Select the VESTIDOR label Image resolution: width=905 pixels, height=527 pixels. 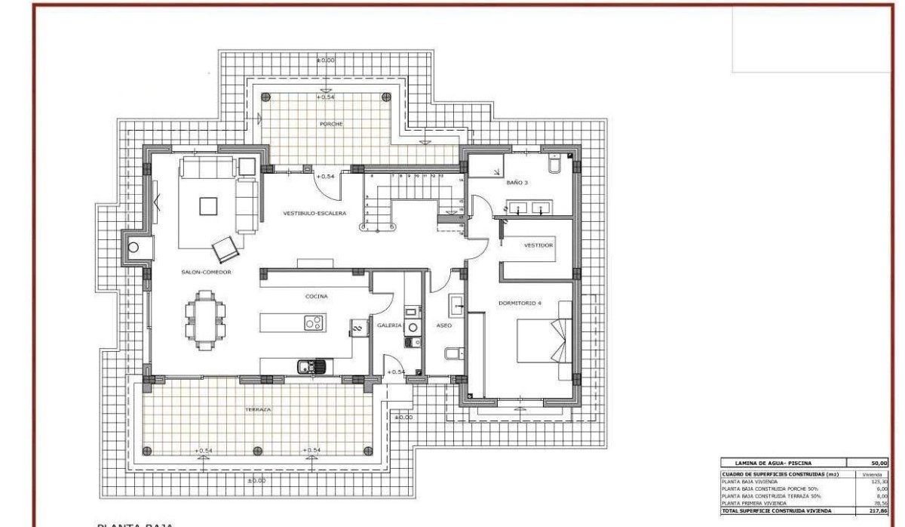[x=539, y=245]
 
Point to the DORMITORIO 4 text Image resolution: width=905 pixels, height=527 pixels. [x=520, y=304]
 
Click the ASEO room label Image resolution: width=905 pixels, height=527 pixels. [x=443, y=325]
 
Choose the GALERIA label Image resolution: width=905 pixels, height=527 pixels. [x=389, y=325]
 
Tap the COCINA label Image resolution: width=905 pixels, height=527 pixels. [x=316, y=297]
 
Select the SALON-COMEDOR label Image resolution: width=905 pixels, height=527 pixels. [x=206, y=272]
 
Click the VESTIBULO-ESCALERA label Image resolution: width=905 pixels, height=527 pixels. [x=314, y=214]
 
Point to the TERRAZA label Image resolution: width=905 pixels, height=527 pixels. [x=257, y=409]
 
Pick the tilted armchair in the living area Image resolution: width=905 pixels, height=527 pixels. [x=225, y=248]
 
